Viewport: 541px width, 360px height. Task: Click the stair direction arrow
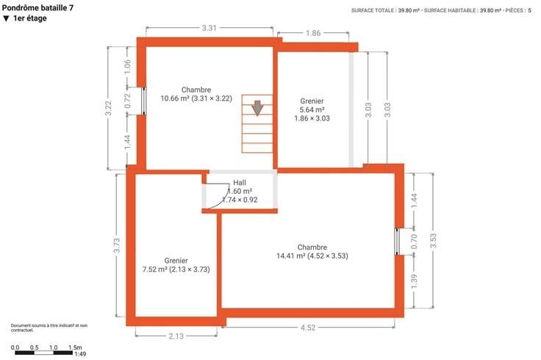257,108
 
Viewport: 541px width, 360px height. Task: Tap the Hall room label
240,183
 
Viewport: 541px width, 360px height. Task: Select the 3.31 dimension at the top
209,28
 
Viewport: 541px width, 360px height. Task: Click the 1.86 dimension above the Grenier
313,33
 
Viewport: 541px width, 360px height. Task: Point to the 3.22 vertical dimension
108,108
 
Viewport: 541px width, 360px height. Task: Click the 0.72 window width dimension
127,101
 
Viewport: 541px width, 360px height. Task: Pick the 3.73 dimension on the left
117,245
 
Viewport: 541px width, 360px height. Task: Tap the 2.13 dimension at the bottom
176,336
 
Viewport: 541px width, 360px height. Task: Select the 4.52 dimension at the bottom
308,328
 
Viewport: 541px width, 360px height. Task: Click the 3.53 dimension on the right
434,240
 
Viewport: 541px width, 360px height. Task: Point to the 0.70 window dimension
415,242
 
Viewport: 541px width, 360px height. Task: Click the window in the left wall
144,101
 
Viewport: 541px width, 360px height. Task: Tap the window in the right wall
397,242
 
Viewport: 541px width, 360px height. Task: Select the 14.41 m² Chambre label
312,252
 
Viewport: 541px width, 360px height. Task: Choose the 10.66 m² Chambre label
196,94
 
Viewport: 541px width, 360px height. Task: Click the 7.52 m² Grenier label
176,265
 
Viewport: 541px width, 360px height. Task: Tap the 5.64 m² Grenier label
312,109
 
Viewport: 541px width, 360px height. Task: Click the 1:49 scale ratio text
80,354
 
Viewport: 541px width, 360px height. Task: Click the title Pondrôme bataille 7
37,7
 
